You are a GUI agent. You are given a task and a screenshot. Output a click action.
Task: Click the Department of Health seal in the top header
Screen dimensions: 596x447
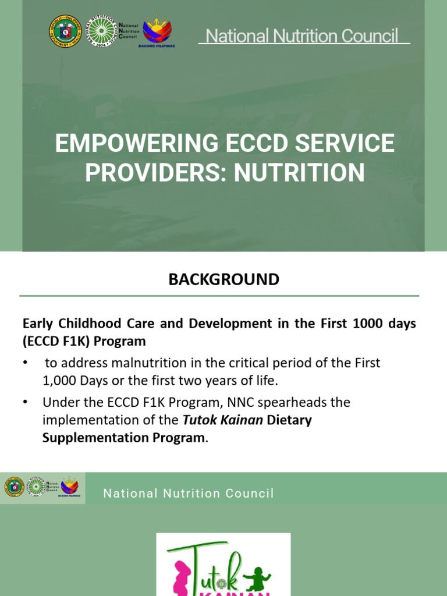pyautogui.click(x=65, y=31)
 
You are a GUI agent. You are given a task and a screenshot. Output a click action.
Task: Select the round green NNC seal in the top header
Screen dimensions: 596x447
pyautogui.click(x=101, y=31)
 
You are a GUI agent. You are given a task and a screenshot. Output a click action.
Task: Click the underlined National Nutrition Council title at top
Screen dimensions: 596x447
pyautogui.click(x=304, y=36)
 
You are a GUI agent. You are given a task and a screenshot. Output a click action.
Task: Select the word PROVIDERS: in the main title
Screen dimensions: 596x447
pyautogui.click(x=152, y=173)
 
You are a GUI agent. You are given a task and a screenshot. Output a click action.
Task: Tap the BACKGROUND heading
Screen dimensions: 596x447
pyautogui.click(x=223, y=279)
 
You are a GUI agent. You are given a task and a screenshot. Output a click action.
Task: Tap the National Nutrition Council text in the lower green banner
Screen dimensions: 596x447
pyautogui.click(x=188, y=494)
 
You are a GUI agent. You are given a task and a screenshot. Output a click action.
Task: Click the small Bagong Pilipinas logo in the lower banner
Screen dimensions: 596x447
pyautogui.click(x=70, y=487)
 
